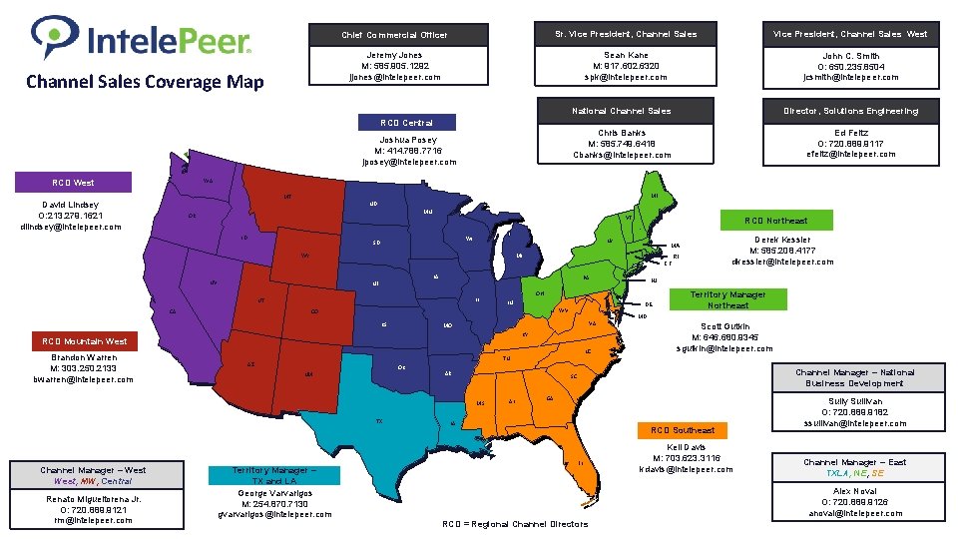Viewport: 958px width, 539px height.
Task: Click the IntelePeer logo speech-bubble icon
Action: [x=51, y=37]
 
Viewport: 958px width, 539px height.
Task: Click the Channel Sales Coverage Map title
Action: [x=145, y=82]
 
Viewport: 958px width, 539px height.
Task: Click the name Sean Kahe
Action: [x=626, y=56]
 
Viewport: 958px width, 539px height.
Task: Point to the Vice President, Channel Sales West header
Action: [x=851, y=34]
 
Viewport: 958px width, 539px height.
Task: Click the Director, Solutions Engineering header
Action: [x=851, y=111]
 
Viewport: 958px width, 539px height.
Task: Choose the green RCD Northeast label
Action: [x=774, y=220]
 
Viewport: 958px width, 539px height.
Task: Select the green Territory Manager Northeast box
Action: [x=728, y=299]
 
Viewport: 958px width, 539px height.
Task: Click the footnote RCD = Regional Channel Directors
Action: [x=513, y=524]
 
